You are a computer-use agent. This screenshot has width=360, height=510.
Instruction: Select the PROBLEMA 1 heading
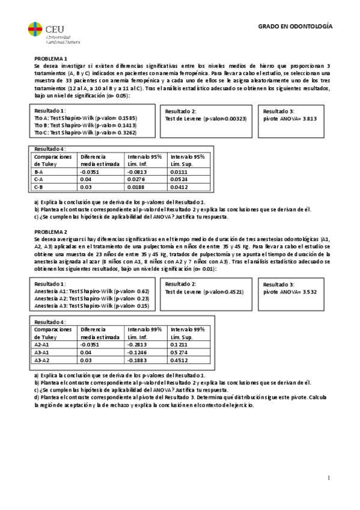tap(50, 58)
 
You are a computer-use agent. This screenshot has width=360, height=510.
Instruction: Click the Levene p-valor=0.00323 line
tap(206, 119)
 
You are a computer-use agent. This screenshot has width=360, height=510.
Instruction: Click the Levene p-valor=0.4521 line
tap(204, 291)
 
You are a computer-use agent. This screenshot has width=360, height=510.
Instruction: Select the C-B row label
tap(39, 186)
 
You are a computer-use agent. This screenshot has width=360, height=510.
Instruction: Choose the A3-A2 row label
tap(41, 360)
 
